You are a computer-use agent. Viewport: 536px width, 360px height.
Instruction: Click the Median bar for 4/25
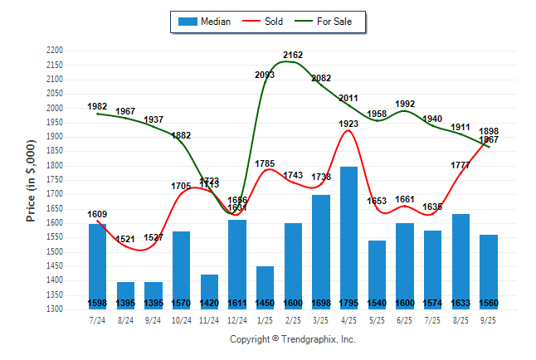coord(349,236)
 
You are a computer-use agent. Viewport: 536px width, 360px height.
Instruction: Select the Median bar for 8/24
coord(125,294)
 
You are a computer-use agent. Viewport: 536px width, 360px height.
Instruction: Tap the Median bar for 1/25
coord(266,286)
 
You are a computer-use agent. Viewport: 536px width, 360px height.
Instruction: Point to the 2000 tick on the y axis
coord(55,108)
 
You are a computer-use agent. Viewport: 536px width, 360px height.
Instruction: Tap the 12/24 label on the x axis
coord(237,320)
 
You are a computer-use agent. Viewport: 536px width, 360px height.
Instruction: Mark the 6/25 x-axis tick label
coord(405,320)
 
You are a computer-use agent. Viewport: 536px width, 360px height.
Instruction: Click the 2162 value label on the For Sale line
coord(293,55)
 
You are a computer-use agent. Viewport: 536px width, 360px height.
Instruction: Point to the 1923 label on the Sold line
coord(349,124)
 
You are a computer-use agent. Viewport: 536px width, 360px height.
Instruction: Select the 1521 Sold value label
coord(125,240)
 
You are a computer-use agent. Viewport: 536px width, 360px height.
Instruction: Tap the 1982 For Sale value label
coord(97,107)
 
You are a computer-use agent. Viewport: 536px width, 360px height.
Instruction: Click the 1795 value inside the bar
coord(349,303)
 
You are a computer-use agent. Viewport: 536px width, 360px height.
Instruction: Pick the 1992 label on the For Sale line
coord(405,104)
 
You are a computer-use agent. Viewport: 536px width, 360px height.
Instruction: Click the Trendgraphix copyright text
coord(292,339)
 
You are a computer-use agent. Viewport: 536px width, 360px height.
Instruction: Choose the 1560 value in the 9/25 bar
coord(489,303)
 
